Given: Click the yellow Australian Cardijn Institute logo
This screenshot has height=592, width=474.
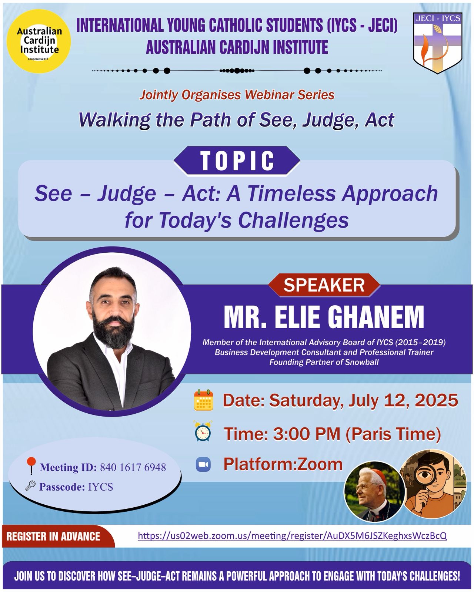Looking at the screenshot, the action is click(39, 41).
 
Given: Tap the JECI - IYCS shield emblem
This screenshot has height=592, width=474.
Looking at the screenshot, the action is click(438, 43).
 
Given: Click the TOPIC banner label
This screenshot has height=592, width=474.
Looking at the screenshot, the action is click(237, 161).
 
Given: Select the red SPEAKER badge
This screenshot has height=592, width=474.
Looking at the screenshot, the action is click(324, 285).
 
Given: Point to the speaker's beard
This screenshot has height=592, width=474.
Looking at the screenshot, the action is click(113, 330).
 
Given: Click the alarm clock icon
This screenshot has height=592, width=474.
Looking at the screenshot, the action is click(203, 431).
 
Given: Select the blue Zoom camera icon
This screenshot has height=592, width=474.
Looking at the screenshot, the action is click(203, 465).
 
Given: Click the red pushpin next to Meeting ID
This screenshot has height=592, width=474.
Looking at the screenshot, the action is click(31, 465).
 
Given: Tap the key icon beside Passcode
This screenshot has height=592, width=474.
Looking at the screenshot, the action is click(30, 485).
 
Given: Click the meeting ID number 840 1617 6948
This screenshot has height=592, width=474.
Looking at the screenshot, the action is click(133, 467).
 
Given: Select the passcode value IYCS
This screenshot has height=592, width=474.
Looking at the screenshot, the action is click(100, 487).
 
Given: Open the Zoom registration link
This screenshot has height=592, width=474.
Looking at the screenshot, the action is click(292, 536).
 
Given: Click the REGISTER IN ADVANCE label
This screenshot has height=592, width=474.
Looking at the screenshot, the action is click(53, 536).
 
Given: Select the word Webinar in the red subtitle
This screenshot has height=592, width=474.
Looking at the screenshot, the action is click(265, 95).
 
